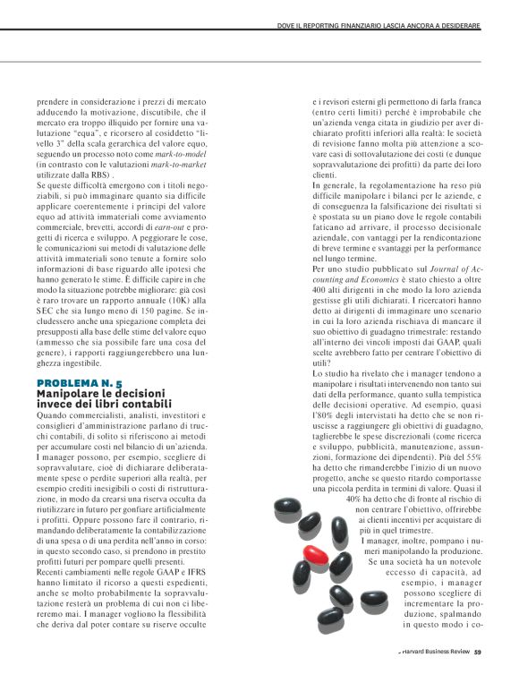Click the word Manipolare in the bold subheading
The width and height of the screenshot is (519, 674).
pyautogui.click(x=65, y=394)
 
